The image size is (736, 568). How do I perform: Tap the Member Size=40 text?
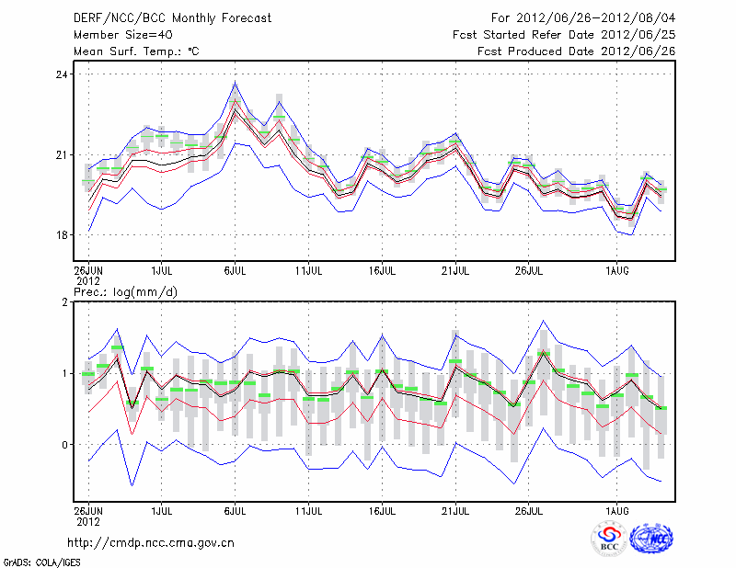121,35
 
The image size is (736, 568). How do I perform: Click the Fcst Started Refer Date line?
564,35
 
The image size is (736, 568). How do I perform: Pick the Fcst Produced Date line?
576,51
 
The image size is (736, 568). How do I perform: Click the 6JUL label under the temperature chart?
235,272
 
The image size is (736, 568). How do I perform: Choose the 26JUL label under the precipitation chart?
528,508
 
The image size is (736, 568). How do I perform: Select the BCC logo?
609,538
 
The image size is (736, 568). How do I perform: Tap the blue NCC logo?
650,538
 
